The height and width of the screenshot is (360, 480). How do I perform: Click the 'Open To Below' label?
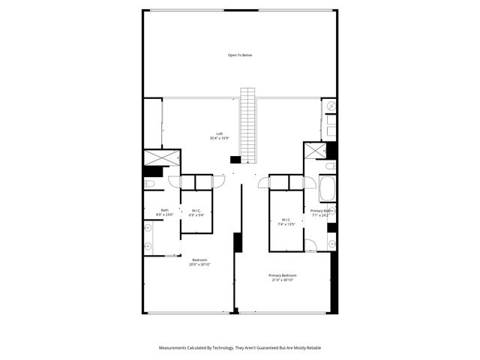click(240, 55)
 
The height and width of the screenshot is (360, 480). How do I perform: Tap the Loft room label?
click(219, 133)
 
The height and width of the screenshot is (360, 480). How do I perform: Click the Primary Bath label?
click(321, 211)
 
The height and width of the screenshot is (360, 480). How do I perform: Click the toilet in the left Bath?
click(148, 183)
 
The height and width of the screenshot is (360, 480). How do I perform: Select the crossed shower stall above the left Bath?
click(162, 157)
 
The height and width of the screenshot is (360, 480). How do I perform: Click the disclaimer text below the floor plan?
click(240, 347)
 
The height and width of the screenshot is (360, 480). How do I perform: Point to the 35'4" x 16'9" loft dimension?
click(219, 138)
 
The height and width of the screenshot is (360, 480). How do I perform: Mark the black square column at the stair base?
click(235, 160)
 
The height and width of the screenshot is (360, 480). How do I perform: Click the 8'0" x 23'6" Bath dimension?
click(164, 215)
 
